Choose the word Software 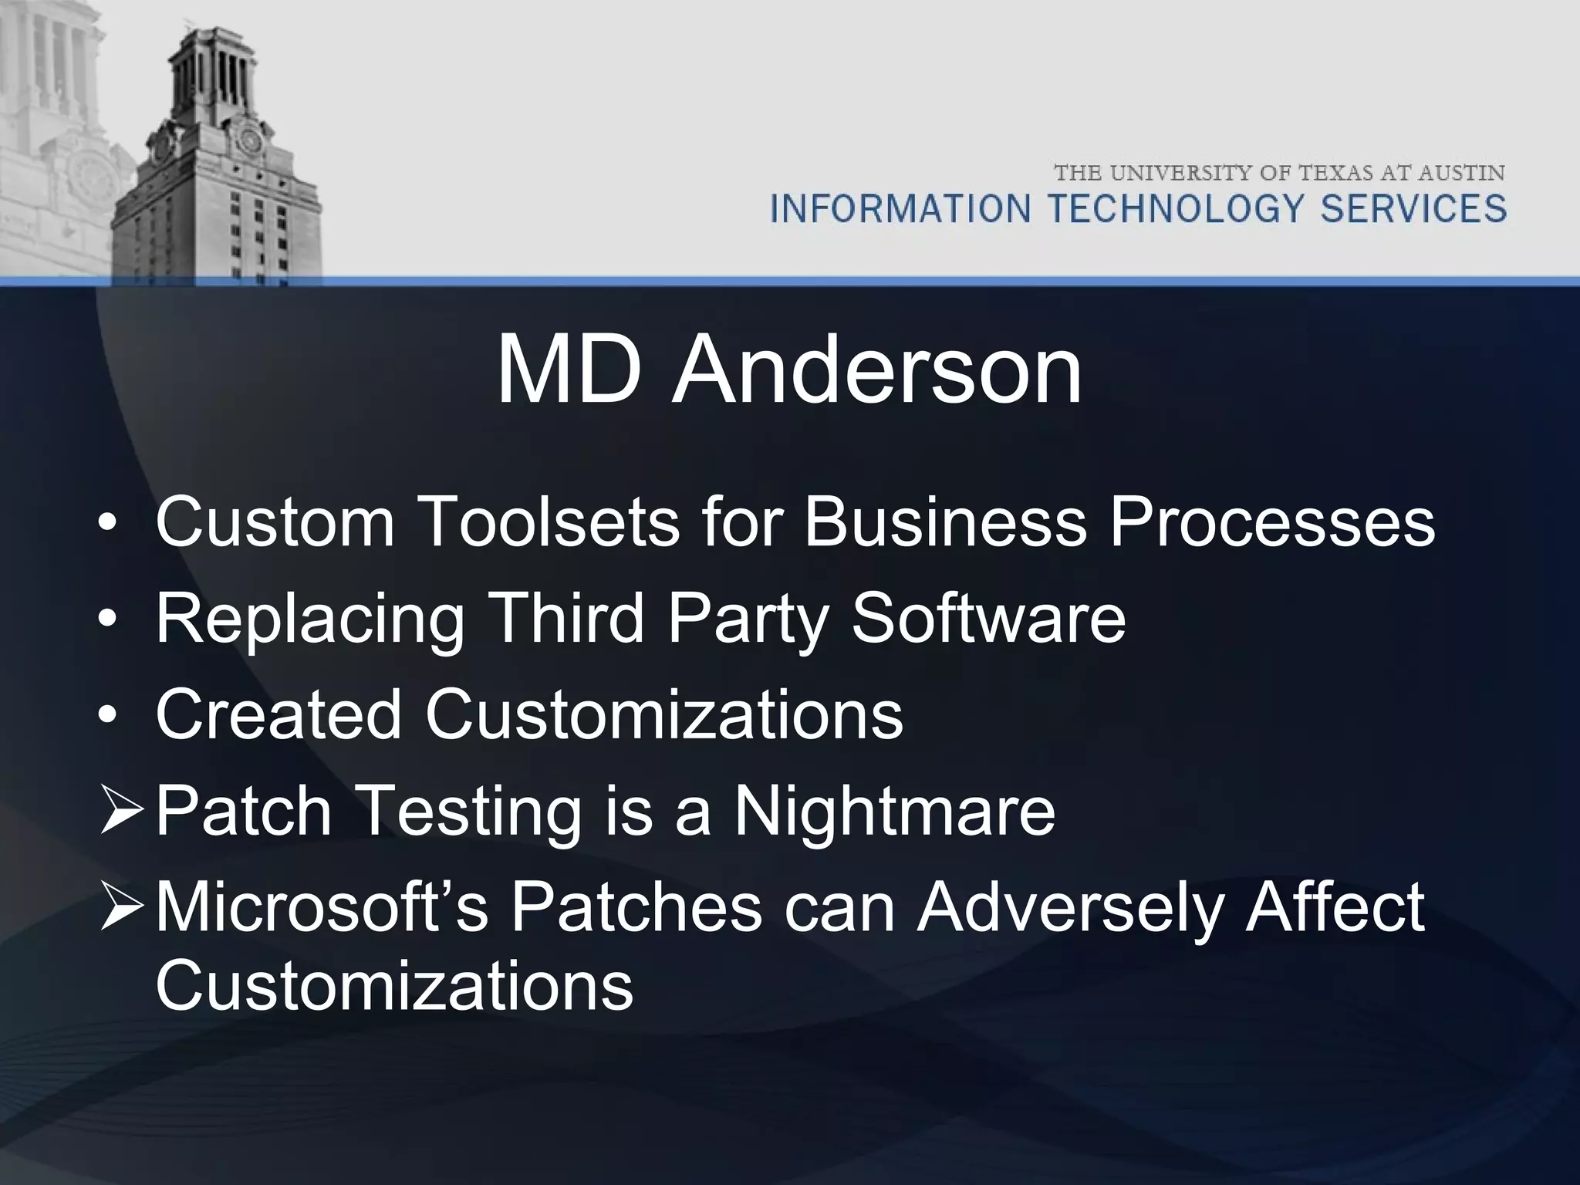coord(988,619)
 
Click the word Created coord(279,714)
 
